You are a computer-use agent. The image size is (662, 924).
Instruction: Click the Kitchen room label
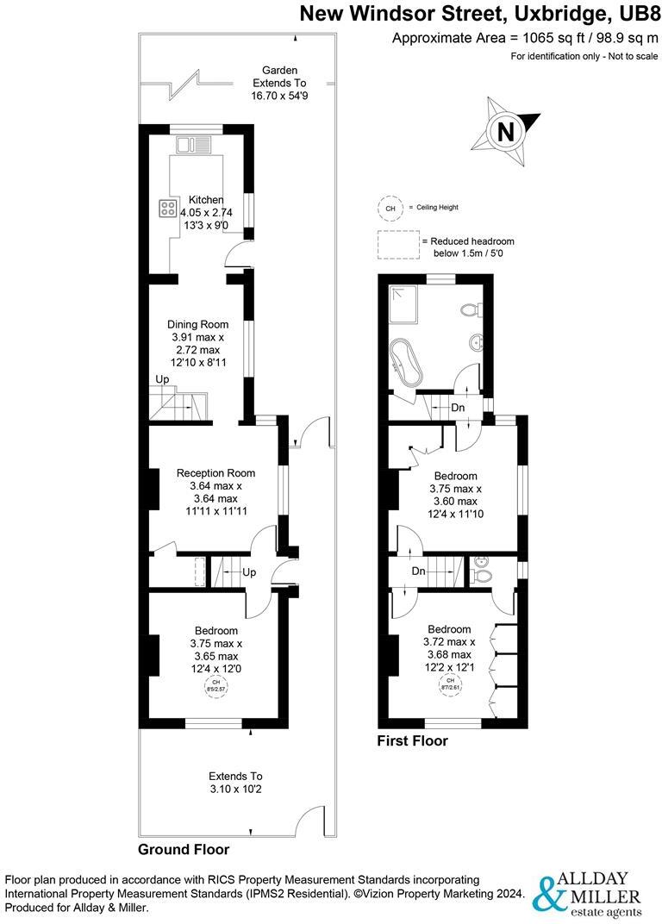[x=206, y=200]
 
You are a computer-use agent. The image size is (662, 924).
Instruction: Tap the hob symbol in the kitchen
[x=167, y=208]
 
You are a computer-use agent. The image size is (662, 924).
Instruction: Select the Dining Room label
[x=197, y=325]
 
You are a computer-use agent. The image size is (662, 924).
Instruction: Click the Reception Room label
[x=215, y=473]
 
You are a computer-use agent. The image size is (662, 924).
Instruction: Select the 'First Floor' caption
[x=413, y=740]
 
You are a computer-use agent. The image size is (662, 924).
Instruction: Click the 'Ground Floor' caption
[x=184, y=849]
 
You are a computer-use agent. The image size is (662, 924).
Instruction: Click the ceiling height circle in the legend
[x=390, y=208]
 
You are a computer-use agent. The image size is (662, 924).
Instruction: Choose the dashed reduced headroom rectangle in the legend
[x=395, y=247]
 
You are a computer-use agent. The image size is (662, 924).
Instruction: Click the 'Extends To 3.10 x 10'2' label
[x=235, y=783]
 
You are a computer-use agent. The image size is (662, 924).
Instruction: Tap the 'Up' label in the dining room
[x=162, y=380]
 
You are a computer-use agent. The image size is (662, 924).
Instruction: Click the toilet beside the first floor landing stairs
[x=483, y=573]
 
